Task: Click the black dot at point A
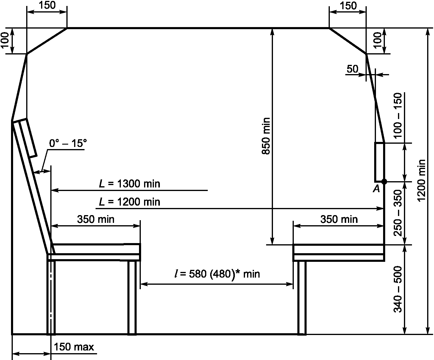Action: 384,181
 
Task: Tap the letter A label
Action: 377,189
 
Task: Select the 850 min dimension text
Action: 266,136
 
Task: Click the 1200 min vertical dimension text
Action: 421,181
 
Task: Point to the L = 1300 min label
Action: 129,184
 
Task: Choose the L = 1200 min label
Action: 129,202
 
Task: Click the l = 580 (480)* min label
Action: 217,274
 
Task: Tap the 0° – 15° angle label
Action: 68,143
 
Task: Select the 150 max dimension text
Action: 74,347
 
